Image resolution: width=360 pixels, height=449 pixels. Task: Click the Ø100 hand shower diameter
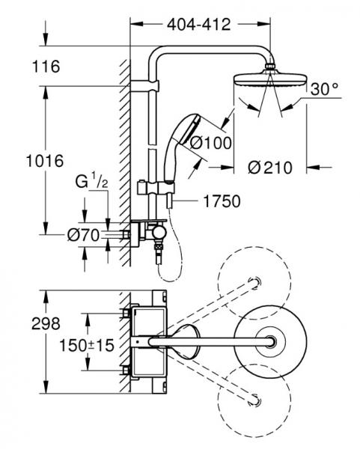pyautogui.click(x=211, y=142)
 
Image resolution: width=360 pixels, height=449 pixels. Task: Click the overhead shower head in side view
pyautogui.click(x=266, y=79)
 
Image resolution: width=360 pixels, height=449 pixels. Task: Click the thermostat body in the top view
pyautogui.click(x=146, y=343)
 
